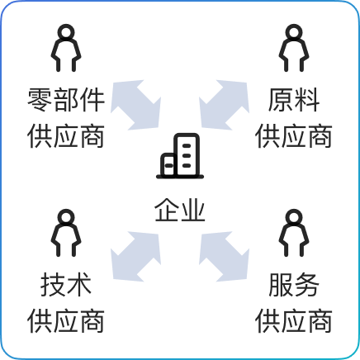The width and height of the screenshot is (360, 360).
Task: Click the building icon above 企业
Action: point(180,156)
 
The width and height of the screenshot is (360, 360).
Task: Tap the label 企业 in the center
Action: point(180,210)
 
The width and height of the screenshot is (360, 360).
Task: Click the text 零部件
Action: point(66,100)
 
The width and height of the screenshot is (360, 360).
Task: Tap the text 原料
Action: point(294,100)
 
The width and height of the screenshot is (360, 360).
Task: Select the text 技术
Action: point(66,285)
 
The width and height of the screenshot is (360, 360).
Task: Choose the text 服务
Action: point(294,285)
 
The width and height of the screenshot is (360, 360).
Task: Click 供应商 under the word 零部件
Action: point(66,136)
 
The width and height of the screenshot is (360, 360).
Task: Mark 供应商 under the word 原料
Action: point(294,136)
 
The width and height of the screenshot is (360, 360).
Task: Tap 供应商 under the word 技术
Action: point(66,321)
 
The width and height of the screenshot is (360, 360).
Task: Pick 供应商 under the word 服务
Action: point(294,321)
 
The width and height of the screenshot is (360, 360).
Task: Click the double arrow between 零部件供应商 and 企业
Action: point(135,105)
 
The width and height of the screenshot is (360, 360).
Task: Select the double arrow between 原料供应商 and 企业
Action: point(225,105)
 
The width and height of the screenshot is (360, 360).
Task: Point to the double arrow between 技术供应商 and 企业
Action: point(135,257)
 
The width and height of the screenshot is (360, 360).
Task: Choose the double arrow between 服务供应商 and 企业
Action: point(225,257)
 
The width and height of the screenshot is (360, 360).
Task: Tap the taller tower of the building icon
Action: point(187,154)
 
